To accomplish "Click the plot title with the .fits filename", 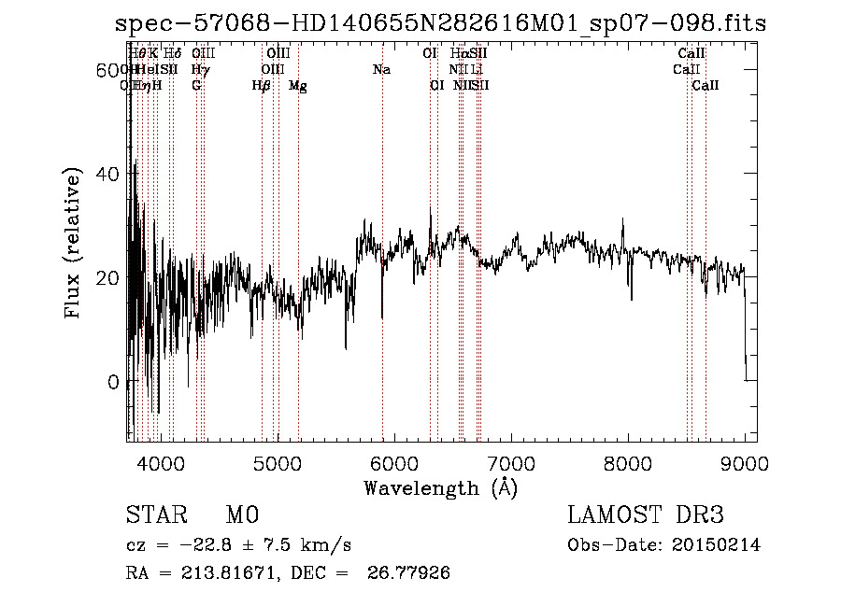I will click(440, 23).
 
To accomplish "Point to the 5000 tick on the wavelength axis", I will click(277, 464).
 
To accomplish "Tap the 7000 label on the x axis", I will click(511, 464).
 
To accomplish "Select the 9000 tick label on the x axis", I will click(745, 464).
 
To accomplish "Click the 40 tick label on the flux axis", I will click(109, 174).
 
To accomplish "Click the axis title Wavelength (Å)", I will click(440, 487).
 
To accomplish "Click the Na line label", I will click(381, 69).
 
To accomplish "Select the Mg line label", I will click(297, 86).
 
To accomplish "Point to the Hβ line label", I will click(262, 86).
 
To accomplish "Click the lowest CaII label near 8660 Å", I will click(706, 86).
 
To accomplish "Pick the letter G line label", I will click(196, 86).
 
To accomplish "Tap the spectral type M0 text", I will click(241, 516).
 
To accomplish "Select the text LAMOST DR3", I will click(646, 516).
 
